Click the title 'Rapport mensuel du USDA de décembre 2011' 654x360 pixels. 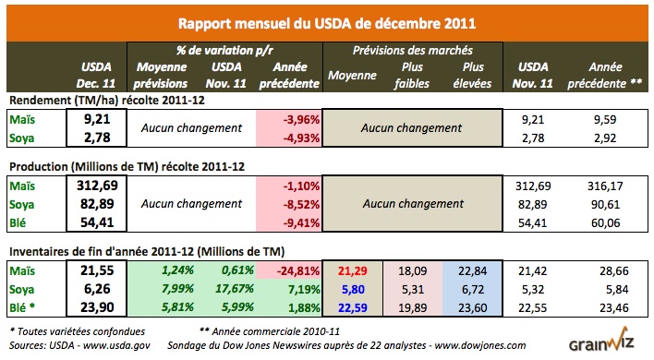(326, 23)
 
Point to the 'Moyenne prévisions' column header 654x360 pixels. (161, 74)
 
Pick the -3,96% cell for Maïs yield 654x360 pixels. (295, 118)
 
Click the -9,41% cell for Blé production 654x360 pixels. (295, 221)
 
